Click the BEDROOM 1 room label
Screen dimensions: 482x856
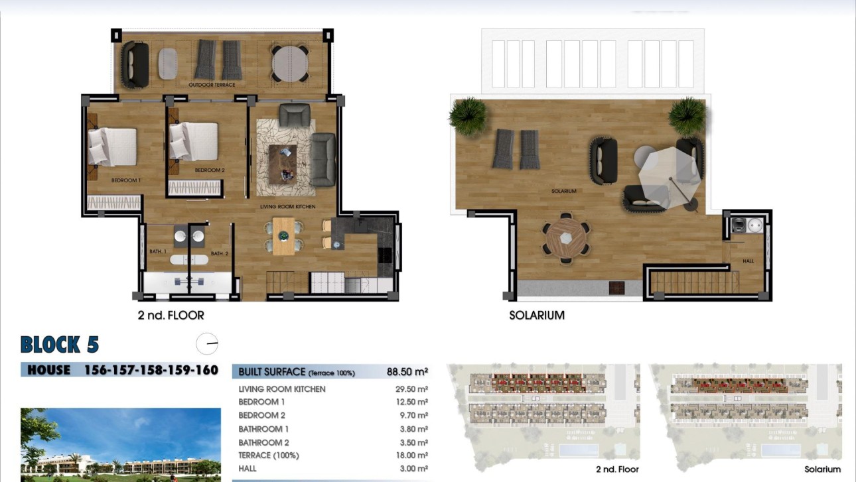125,180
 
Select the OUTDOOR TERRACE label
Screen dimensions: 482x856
212,85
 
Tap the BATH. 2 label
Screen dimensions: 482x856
220,254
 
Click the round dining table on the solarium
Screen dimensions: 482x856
565,237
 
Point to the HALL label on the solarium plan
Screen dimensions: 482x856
748,261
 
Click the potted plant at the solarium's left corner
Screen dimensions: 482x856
468,116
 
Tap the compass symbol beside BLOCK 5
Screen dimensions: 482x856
207,343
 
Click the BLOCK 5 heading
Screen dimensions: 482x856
60,345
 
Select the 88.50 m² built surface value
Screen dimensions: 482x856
407,372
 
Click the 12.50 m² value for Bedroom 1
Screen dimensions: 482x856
411,402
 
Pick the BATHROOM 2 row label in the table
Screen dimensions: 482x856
264,442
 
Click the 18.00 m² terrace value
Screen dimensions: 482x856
411,455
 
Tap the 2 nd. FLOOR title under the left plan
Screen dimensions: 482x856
171,316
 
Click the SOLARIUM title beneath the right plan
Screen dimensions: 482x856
536,316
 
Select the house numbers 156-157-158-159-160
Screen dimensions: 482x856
151,370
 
